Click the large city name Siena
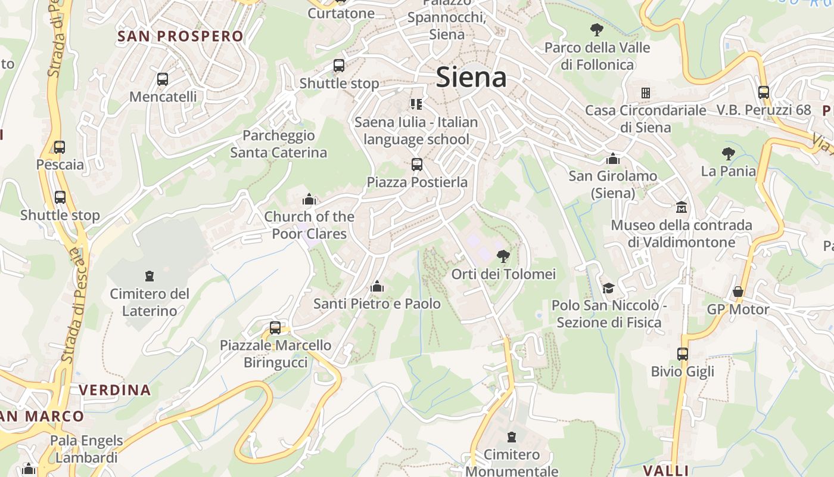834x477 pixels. pos(471,78)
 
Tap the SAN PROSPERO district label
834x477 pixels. pos(181,36)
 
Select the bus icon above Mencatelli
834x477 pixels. pos(162,79)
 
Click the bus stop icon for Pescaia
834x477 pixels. pos(60,147)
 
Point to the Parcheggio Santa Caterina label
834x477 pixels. pos(279,144)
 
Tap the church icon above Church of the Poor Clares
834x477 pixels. pos(309,199)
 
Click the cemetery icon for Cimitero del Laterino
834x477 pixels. pos(149,276)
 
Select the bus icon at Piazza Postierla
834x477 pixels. pos(417,164)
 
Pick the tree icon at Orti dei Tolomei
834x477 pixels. pos(503,256)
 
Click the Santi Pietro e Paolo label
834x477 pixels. pos(377,304)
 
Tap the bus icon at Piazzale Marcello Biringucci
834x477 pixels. pos(275,327)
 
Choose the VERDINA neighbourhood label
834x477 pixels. pos(115,391)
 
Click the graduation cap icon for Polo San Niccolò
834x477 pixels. pos(608,288)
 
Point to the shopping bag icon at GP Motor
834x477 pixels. pos(738,292)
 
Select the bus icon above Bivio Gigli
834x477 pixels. pos(683,354)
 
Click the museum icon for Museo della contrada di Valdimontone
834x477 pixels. pos(681,207)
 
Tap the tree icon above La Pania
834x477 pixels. pos(728,154)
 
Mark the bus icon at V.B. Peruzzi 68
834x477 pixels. pos(764,92)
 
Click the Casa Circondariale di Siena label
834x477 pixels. pos(646,119)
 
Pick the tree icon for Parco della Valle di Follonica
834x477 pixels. pos(596,29)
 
